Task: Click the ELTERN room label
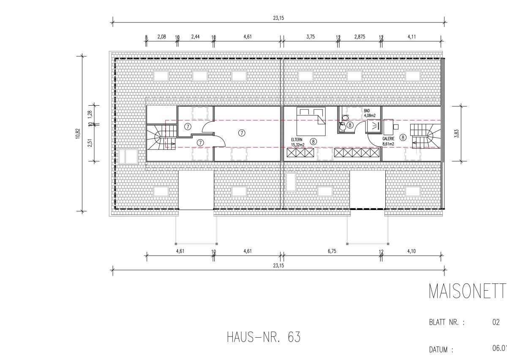click(x=297, y=140)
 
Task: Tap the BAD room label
click(x=367, y=111)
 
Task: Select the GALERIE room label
click(x=388, y=139)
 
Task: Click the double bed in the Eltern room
click(x=311, y=121)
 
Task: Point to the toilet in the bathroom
click(x=345, y=118)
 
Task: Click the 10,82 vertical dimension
click(x=78, y=134)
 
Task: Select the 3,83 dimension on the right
click(x=457, y=134)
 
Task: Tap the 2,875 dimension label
click(x=360, y=37)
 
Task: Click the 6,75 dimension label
click(x=332, y=251)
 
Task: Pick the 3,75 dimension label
click(x=311, y=37)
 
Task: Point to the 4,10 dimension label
click(x=412, y=251)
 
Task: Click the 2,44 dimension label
click(x=195, y=37)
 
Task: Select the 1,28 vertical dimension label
click(x=90, y=114)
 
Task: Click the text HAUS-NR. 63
click(x=264, y=337)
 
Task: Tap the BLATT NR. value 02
click(x=496, y=322)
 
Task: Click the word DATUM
click(x=438, y=350)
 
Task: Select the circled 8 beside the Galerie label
click(x=403, y=137)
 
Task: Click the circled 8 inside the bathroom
click(x=350, y=125)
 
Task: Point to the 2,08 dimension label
click(x=161, y=37)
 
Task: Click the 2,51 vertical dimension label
click(x=90, y=143)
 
